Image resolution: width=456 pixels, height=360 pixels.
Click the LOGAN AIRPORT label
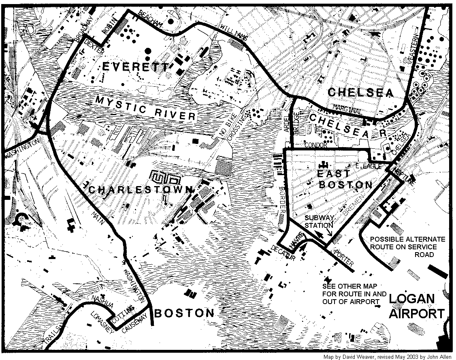(x=417, y=306)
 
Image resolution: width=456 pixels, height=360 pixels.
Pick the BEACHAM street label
(x=149, y=19)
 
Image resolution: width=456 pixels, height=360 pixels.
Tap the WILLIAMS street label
(x=234, y=32)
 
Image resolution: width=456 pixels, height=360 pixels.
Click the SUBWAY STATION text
(x=319, y=222)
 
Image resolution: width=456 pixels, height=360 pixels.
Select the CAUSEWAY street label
(x=136, y=325)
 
